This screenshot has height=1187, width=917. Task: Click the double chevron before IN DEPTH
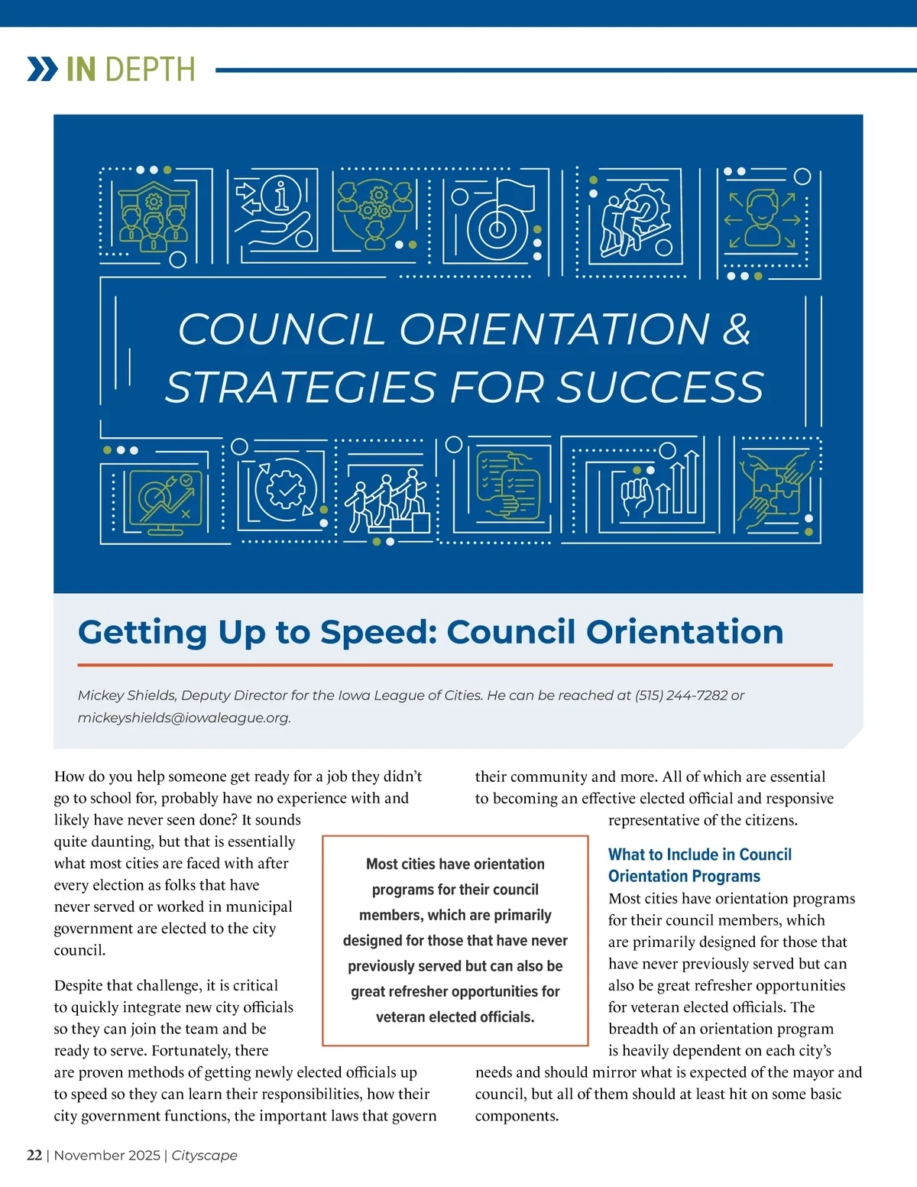[43, 69]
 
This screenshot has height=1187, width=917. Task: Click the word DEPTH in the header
[150, 70]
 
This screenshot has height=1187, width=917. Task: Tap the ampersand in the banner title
[736, 329]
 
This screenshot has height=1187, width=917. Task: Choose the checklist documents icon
[509, 486]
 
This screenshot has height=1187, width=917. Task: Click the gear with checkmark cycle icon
[285, 490]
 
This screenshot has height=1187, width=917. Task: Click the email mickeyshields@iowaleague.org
[183, 718]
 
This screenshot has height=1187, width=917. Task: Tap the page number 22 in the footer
[34, 1155]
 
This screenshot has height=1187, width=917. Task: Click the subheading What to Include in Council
[699, 855]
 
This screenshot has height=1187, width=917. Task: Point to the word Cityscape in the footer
[204, 1155]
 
